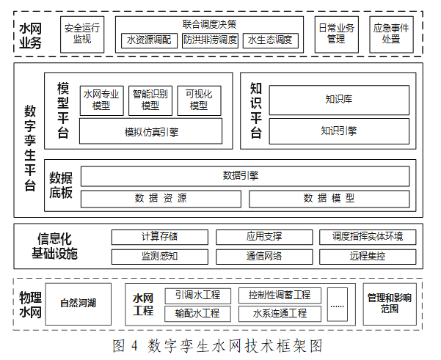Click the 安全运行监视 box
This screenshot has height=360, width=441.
coord(82,34)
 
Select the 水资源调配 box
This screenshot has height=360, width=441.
coord(149,40)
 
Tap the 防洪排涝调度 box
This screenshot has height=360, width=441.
coord(210,40)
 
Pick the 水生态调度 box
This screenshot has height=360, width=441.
coord(271,40)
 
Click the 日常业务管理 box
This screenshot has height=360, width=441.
coord(336,34)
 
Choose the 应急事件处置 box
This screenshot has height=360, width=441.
coord(391,34)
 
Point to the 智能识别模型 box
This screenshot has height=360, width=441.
coord(150,100)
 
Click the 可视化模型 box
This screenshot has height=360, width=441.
coord(199,100)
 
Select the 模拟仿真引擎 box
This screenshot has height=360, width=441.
coord(150,131)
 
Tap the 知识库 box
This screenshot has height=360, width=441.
coord(339,100)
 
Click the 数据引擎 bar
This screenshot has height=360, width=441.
coord(245,176)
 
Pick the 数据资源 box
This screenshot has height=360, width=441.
coord(161,199)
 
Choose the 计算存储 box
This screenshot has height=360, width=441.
coord(160,238)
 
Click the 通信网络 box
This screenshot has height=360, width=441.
coord(264,257)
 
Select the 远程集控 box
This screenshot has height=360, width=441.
coord(368,257)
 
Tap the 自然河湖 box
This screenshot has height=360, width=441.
coord(79,304)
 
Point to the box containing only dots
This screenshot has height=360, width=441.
coord(338,304)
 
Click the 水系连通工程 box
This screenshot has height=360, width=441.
coord(280,314)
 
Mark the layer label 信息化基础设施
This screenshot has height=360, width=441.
coord(54,246)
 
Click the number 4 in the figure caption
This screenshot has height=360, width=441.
coord(134,345)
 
